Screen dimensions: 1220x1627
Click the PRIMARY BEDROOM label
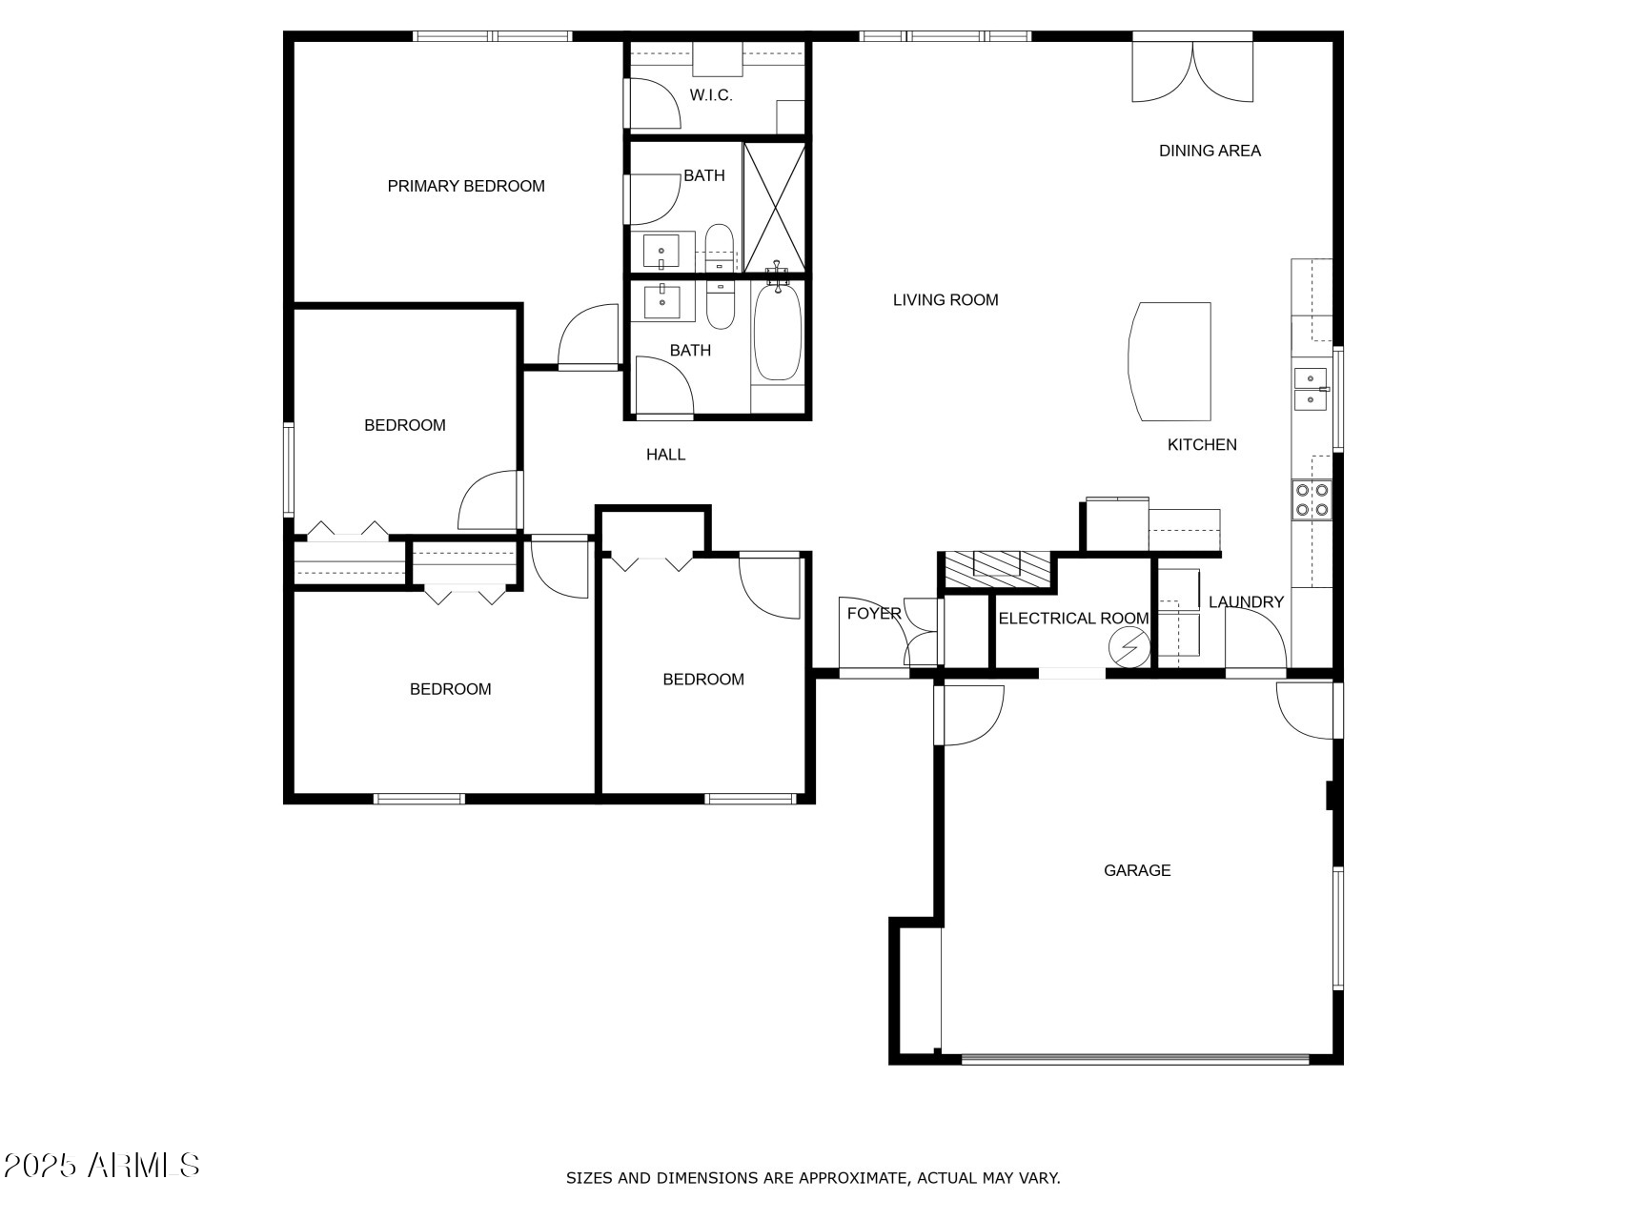pos(466,186)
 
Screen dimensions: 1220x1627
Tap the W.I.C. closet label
pos(711,95)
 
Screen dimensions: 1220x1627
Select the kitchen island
pos(1171,361)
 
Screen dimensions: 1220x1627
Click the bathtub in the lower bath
pos(778,334)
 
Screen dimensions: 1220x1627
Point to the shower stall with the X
pos(774,207)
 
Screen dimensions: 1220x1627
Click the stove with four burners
pos(1312,500)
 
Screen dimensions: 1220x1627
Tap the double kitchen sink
pos(1311,388)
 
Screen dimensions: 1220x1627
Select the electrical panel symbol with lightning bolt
pos(1129,648)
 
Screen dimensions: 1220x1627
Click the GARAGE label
pos(1137,870)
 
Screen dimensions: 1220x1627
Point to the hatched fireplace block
pos(996,569)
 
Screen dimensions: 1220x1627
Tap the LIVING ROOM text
pos(946,300)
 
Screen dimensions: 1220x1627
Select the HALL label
pos(665,455)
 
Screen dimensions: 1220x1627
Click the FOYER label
pos(873,613)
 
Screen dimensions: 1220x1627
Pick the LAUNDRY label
pos(1246,602)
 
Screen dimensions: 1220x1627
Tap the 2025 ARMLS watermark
pos(101,1165)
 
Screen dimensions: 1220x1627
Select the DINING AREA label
pos(1210,151)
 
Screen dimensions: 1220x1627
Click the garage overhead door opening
pos(1135,1059)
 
